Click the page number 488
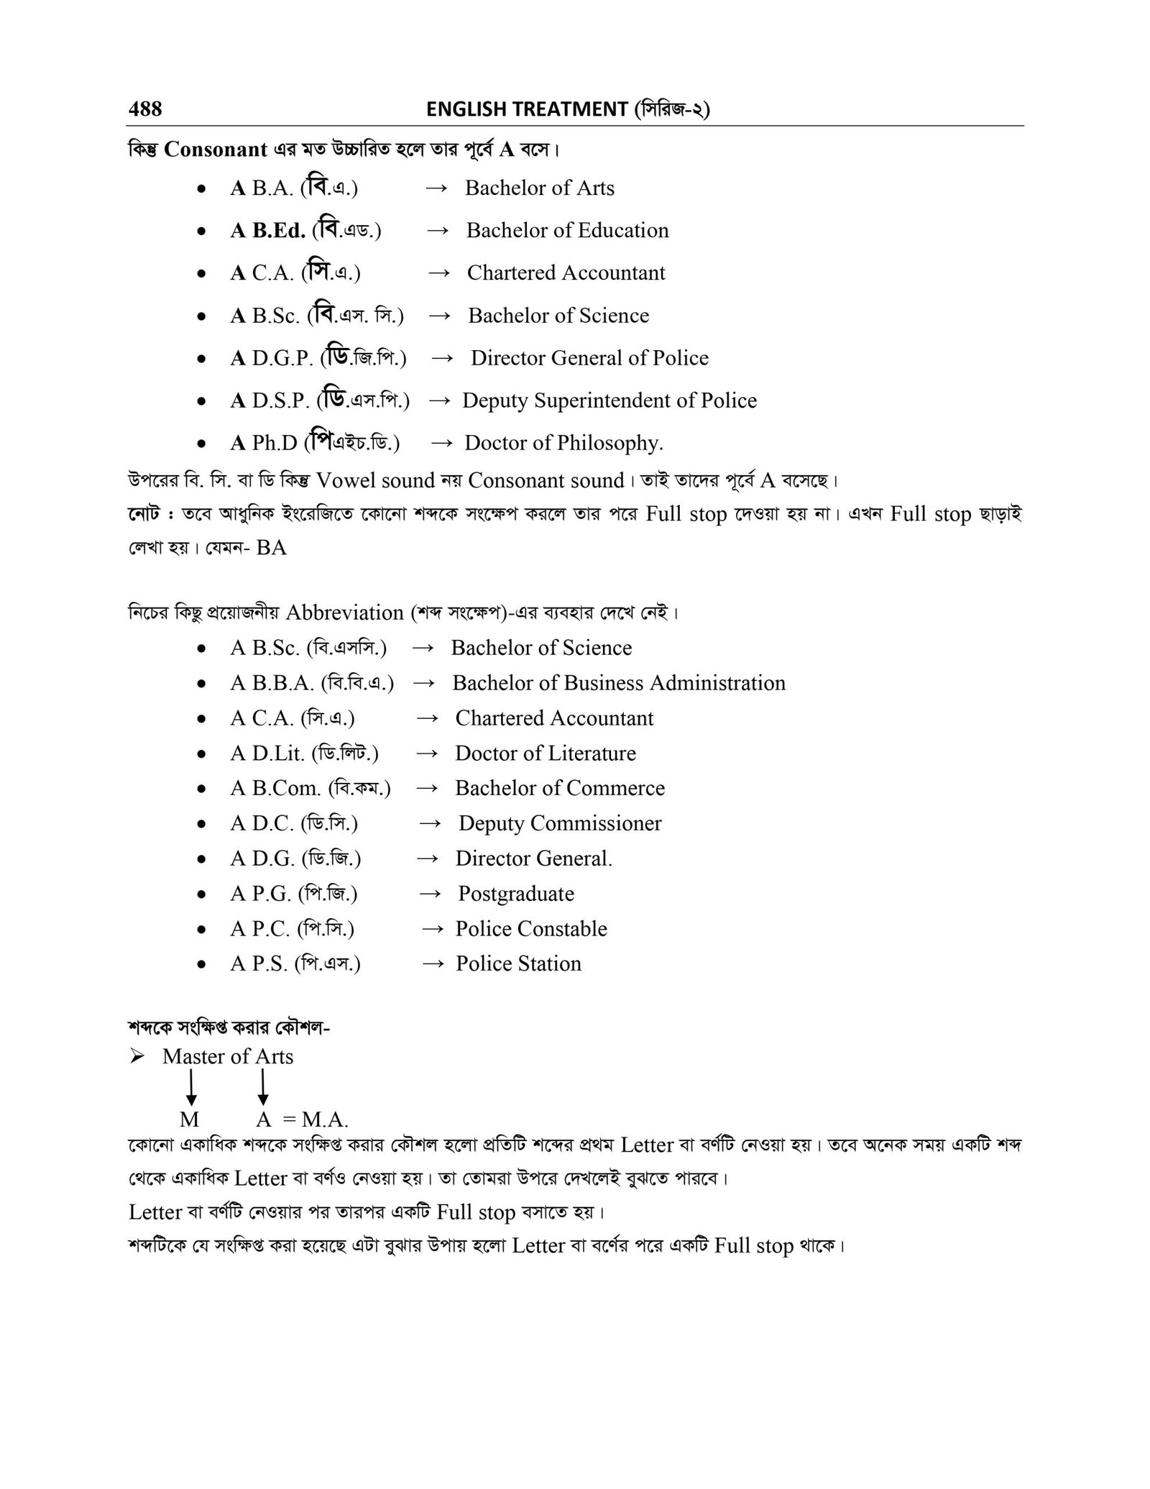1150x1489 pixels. (x=145, y=109)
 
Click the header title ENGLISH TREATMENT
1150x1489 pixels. (x=527, y=109)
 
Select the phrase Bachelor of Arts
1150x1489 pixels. (x=539, y=188)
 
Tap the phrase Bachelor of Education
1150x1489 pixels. (x=567, y=231)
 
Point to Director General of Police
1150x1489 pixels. (x=589, y=358)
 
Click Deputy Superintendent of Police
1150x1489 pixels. (x=609, y=400)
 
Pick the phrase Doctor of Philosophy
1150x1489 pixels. (x=563, y=443)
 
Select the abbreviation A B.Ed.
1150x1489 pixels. (x=267, y=231)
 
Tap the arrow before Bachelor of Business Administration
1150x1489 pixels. (x=424, y=683)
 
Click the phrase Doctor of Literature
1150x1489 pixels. (x=546, y=753)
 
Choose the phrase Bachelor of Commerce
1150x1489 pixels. (x=559, y=788)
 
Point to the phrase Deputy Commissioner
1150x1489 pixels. (x=560, y=823)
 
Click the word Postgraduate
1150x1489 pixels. (x=516, y=894)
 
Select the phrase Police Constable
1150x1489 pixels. (x=531, y=929)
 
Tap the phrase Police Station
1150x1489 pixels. (x=518, y=964)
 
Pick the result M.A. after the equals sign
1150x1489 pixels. (x=325, y=1119)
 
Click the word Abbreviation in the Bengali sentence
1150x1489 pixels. (x=344, y=613)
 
